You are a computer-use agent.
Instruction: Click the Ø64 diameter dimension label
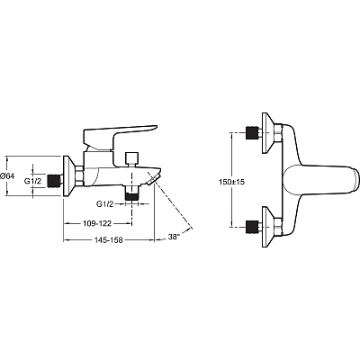tap(7, 176)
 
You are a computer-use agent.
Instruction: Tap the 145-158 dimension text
tap(109, 240)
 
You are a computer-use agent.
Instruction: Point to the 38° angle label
tap(174, 237)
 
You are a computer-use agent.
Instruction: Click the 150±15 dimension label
tap(231, 182)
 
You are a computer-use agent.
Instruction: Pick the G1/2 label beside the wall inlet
tap(31, 181)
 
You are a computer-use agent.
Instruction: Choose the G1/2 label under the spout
tap(104, 204)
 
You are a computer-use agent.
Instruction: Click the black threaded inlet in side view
tap(54, 181)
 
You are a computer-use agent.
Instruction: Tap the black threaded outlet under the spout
tap(132, 196)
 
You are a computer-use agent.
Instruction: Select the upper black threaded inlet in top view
tap(252, 132)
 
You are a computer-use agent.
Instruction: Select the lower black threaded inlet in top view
tap(252, 227)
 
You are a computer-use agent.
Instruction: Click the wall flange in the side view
tap(68, 176)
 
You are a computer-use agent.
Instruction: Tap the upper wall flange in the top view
tap(268, 133)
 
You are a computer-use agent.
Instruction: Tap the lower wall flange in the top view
tap(268, 227)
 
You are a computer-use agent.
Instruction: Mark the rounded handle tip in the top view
tap(355, 179)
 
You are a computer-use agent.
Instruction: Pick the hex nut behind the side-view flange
tap(80, 176)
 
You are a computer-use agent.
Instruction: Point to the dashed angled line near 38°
tap(174, 207)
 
